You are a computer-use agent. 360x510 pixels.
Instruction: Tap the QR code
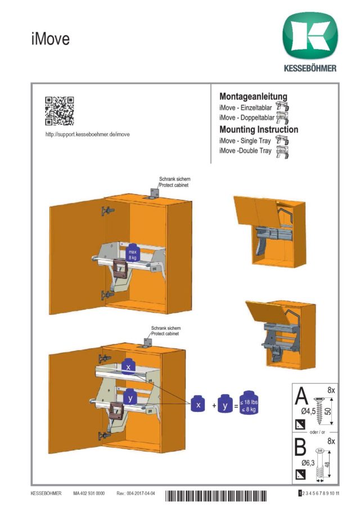coord(59,110)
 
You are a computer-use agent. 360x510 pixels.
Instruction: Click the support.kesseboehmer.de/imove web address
coord(87,135)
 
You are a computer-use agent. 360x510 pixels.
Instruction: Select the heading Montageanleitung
coord(253,97)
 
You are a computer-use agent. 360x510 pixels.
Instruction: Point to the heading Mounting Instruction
coord(259,129)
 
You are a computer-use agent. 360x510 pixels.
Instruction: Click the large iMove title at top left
coord(50,39)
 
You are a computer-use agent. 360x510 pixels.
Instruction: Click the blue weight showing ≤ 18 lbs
coord(249,404)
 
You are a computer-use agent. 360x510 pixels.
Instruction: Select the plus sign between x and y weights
coord(214,405)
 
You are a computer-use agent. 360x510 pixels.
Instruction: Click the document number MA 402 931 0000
coord(89,494)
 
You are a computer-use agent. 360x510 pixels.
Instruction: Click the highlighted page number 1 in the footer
coord(300,493)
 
